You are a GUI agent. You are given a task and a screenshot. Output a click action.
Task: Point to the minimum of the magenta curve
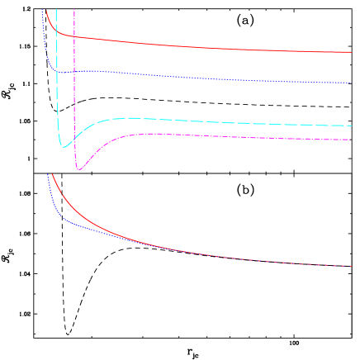point(79,169)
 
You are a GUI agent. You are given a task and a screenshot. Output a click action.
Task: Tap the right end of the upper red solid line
point(352,52)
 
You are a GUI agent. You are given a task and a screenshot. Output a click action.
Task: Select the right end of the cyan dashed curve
point(352,126)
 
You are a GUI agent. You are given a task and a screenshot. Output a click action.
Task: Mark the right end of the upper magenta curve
point(352,140)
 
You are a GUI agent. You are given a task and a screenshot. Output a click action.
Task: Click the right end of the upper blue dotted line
point(352,83)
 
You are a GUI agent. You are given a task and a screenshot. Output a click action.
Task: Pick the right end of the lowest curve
point(353,267)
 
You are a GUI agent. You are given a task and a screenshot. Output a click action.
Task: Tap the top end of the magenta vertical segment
point(74,9)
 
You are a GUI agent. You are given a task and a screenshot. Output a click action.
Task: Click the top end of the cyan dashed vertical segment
point(56,9)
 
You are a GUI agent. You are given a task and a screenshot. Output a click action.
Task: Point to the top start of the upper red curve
point(47,9)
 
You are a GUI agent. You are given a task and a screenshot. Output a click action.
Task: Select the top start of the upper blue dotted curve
point(42,9)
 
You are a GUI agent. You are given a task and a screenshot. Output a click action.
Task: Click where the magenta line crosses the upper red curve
point(74,37)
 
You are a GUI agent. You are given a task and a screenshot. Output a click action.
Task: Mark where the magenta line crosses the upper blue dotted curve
point(74,71)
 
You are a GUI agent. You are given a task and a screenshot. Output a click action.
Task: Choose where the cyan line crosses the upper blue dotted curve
point(56,70)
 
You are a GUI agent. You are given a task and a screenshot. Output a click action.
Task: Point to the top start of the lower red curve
point(52,174)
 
